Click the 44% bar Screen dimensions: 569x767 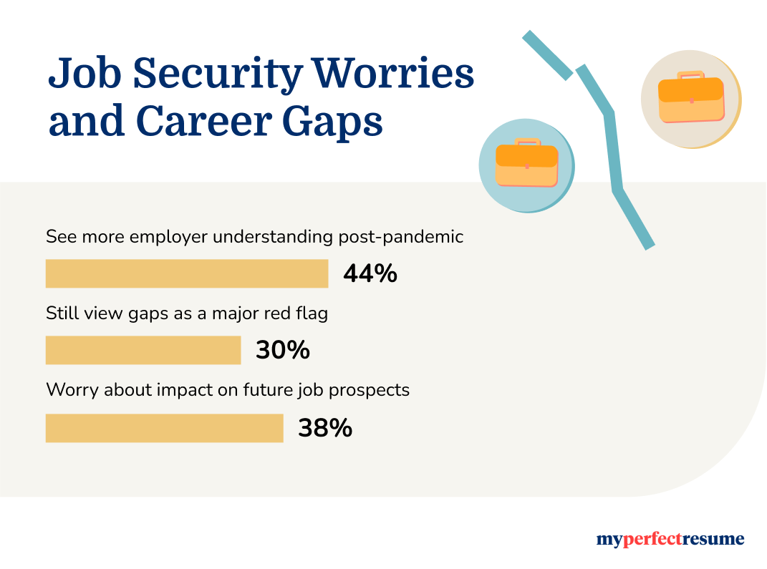186,273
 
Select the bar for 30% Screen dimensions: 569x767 143,351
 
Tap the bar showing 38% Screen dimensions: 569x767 164,428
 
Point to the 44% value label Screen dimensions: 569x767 370,273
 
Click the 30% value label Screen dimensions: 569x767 282,351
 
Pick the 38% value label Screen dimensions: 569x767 324,428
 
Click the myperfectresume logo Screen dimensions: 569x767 670,540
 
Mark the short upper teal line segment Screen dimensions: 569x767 548,55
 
